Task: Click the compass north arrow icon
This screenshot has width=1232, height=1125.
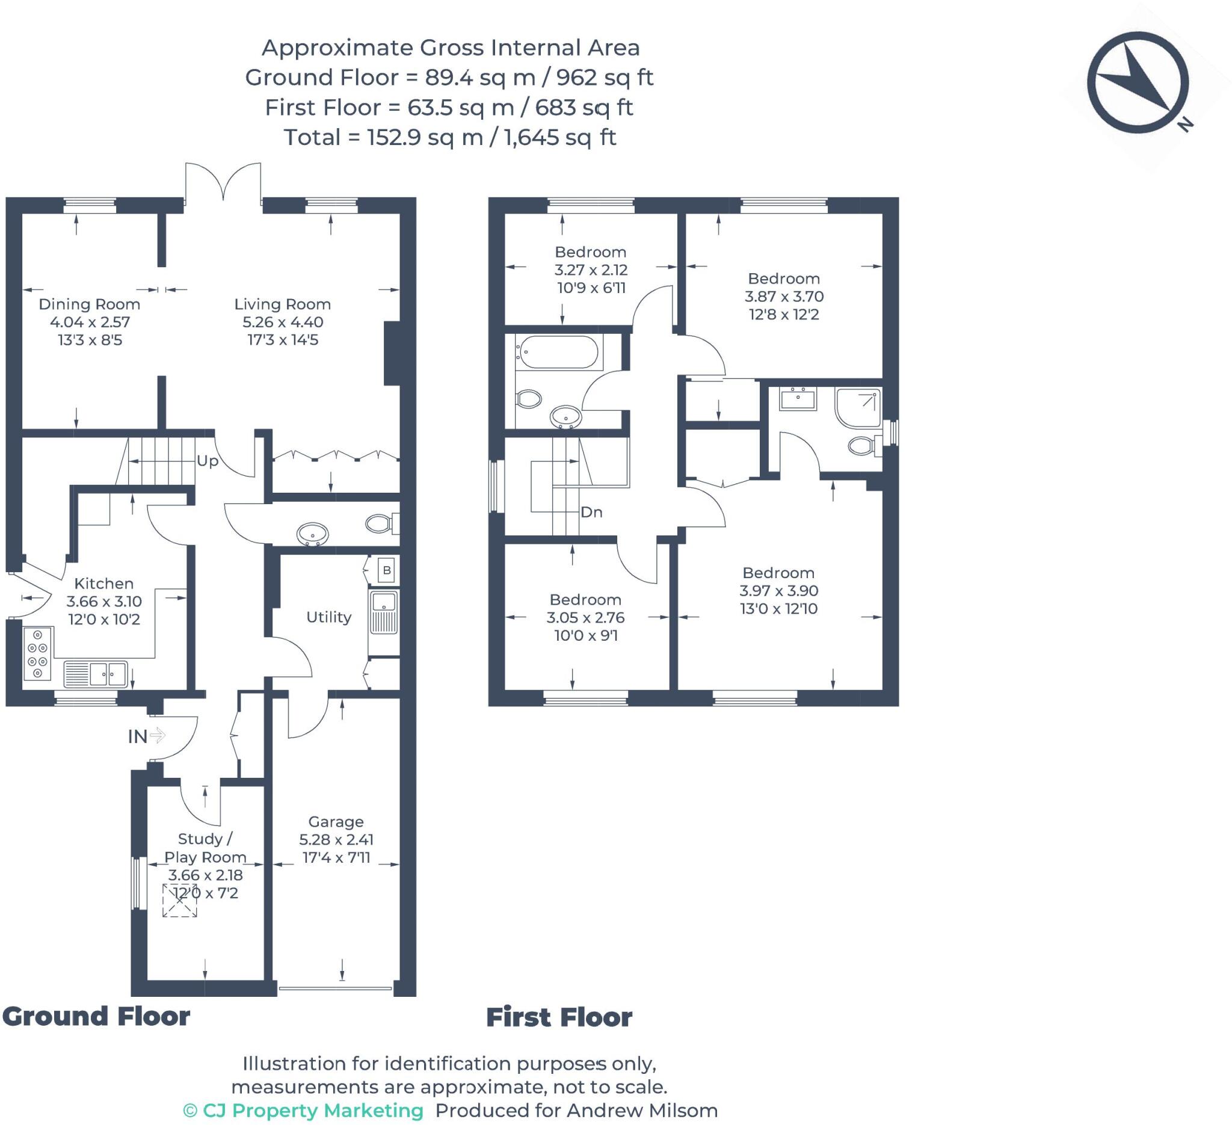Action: click(1138, 83)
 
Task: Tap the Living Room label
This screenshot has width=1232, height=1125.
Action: click(282, 304)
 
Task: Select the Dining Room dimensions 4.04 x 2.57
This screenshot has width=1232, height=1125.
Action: click(90, 322)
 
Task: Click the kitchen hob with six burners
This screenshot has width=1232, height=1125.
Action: click(38, 653)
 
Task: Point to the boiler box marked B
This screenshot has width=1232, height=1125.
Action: click(386, 570)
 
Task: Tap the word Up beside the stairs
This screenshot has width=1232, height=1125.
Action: click(207, 461)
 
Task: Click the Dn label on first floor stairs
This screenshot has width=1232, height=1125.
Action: click(591, 512)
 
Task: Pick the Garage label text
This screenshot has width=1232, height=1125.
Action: click(336, 822)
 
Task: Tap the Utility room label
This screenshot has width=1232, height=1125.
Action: click(329, 617)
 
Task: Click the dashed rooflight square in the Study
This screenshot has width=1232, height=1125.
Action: click(180, 900)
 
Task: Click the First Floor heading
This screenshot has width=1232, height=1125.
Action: click(559, 1017)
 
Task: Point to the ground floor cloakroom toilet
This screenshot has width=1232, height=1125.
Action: click(380, 523)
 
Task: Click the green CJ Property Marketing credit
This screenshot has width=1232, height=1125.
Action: click(304, 1111)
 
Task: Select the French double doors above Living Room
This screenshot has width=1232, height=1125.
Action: click(223, 182)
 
